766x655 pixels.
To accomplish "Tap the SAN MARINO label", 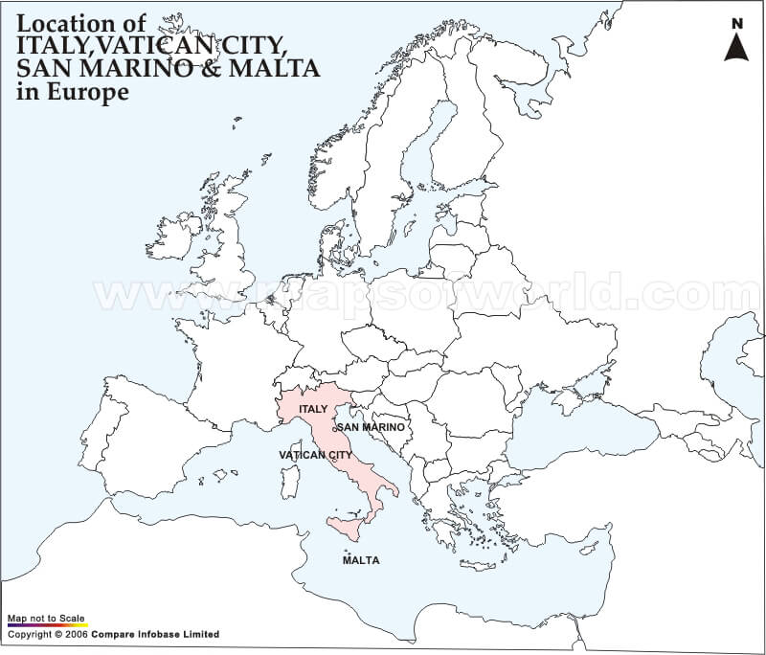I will coord(372,426).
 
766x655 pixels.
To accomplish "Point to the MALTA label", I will coord(360,560).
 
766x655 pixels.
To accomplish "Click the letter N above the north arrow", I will coord(735,23).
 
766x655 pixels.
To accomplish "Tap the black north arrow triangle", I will coord(735,47).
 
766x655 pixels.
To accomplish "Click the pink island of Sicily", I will coord(347,528).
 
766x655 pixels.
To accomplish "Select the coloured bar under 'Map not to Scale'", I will coord(48,625).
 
